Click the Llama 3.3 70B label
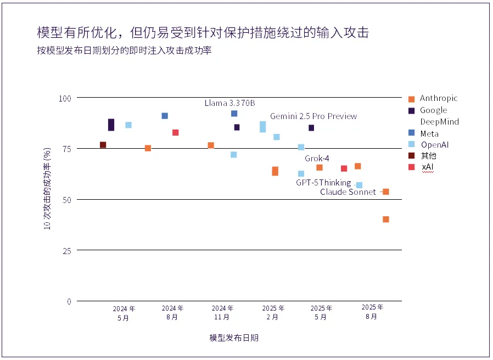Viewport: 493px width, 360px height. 229,103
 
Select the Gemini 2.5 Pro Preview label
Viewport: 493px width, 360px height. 313,116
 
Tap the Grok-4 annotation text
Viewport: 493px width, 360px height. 317,158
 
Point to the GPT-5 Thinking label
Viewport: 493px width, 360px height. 323,183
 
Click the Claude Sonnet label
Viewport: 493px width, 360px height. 348,192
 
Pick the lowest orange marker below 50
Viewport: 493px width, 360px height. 386,219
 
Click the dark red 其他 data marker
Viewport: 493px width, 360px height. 103,145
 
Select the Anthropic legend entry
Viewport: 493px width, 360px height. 433,98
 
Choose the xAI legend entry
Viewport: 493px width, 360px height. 421,167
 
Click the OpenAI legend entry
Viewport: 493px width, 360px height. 429,145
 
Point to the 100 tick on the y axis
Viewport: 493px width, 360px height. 65,98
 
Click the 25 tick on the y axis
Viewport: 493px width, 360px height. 66,251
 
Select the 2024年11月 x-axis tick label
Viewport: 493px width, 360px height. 222,312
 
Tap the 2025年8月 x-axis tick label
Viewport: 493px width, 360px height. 372,312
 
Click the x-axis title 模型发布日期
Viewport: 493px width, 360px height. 234,337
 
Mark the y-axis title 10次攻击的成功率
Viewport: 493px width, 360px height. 47,189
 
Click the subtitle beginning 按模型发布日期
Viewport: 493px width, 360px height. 124,50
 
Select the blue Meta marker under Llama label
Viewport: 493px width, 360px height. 234,113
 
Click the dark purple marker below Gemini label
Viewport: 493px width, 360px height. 311,128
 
